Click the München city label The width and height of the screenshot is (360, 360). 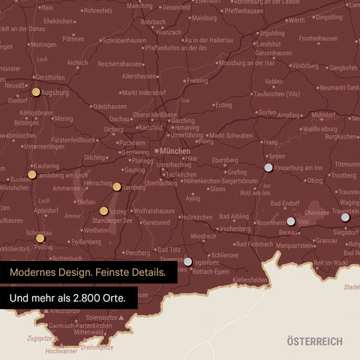175,151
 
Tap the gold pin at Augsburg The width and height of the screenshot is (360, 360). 36,92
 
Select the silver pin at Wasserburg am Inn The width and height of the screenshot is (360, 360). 268,167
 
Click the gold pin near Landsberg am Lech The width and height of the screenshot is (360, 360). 31,174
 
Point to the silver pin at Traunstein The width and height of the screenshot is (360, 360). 344,217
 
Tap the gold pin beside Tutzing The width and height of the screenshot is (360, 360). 103,211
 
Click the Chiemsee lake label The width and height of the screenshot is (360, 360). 316,212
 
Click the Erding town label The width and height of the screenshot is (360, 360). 223,105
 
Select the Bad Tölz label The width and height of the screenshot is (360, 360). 166,249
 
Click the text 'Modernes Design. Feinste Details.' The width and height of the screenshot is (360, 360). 88,272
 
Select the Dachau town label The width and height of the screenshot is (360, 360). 119,118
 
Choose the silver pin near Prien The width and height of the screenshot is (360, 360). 291,221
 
